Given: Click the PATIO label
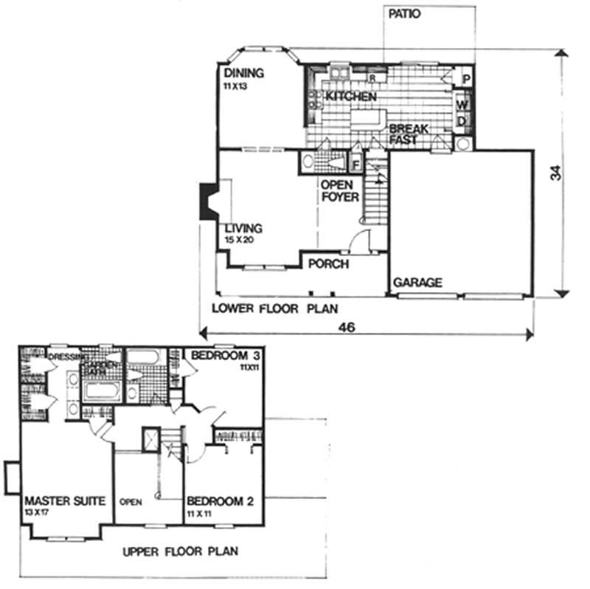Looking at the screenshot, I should pos(404,14).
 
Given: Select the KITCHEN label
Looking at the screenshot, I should pos(352,97).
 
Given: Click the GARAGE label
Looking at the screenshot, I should pos(417,282).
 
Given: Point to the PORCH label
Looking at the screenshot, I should pos(328,264).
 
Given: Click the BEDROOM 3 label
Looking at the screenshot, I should pos(222,355).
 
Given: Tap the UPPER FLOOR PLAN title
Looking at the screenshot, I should pos(180,551).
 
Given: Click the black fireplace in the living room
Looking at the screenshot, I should pos(206,199).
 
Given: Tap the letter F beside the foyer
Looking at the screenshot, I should pos(356,164).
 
